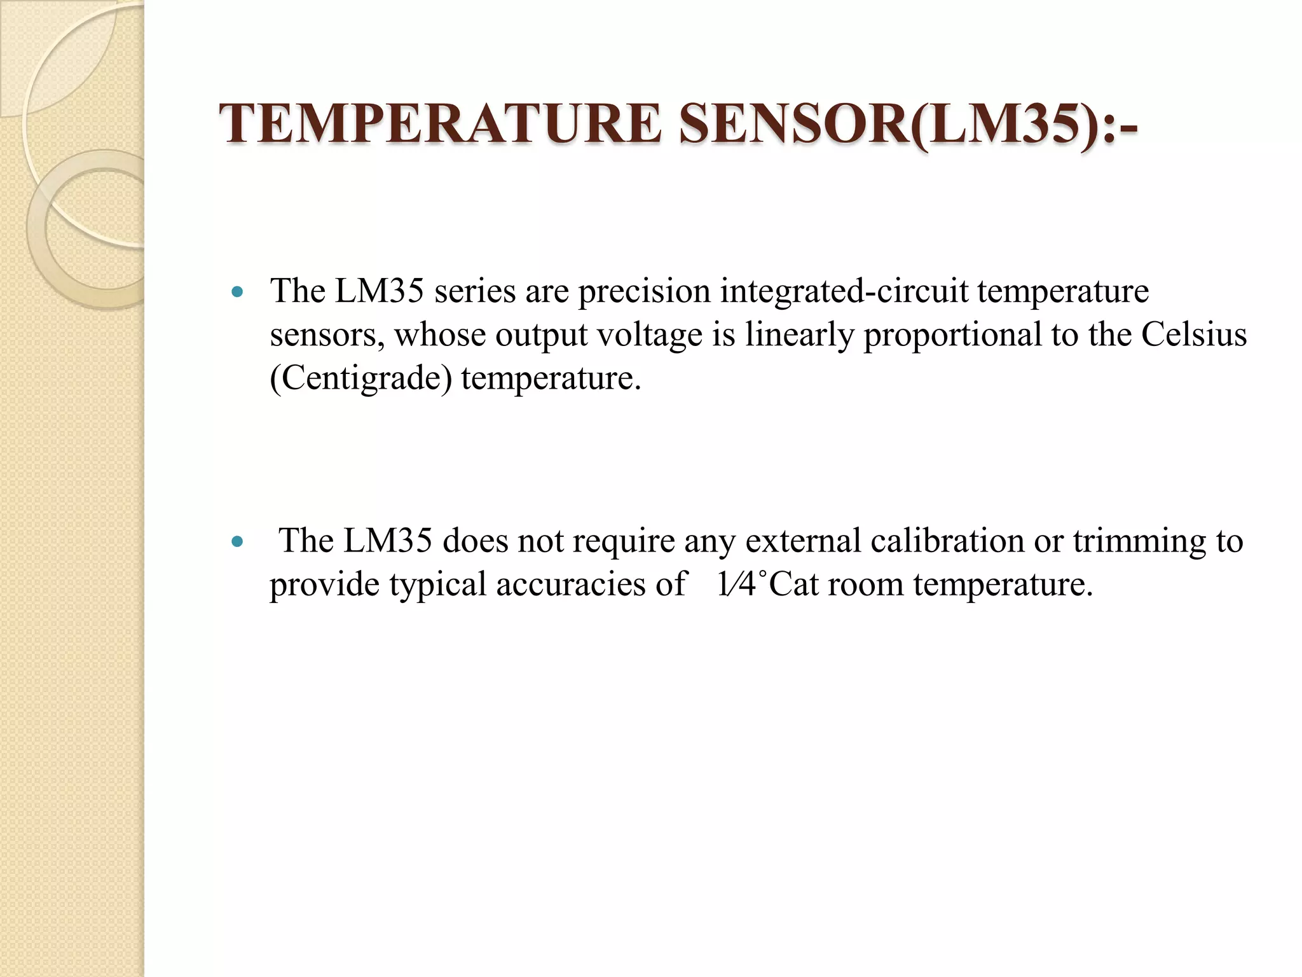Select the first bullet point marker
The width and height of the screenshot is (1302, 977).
pos(238,293)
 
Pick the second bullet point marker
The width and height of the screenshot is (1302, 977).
pos(238,543)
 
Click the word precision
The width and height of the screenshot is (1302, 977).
pos(643,293)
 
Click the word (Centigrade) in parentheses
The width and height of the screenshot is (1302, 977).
pos(360,378)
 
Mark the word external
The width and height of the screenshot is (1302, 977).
pos(803,541)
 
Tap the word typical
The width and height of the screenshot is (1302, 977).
pos(437,585)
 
